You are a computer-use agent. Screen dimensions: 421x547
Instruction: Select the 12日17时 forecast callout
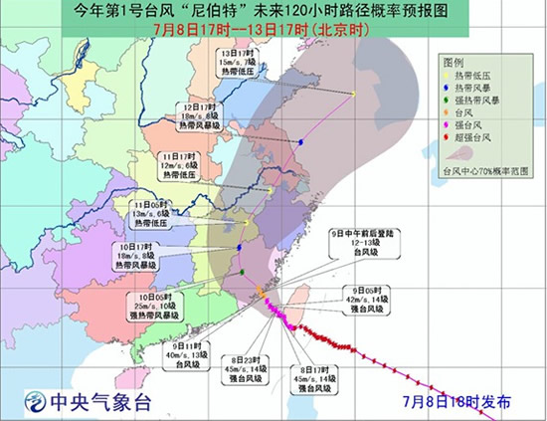click(x=201, y=114)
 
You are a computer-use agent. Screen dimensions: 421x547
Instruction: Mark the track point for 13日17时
click(x=355, y=94)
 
